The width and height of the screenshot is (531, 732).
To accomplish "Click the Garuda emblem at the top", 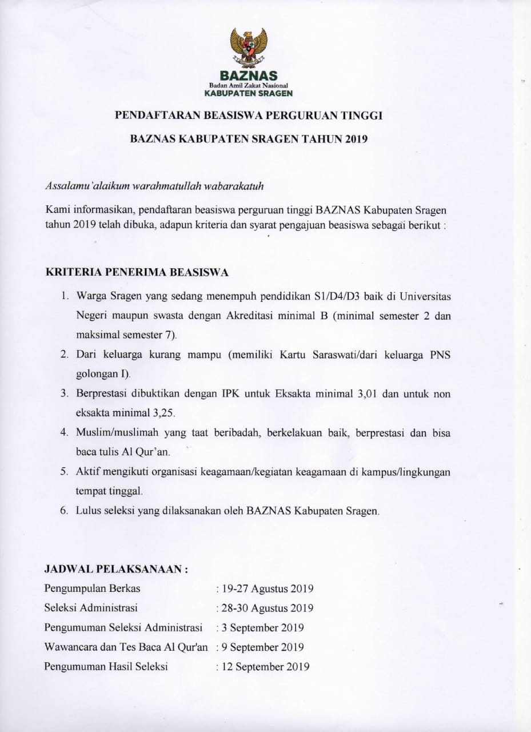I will (249, 48).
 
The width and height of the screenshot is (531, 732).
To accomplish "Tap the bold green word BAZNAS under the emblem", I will (249, 75).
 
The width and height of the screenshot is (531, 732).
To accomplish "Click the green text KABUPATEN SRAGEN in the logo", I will (249, 93).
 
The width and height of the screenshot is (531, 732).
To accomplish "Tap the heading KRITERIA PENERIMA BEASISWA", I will (137, 273).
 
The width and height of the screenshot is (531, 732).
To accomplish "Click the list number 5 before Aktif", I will (64, 472).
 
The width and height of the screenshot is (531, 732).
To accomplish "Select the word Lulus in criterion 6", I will (87, 511).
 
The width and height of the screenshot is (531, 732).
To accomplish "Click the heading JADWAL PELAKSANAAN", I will (116, 570).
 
